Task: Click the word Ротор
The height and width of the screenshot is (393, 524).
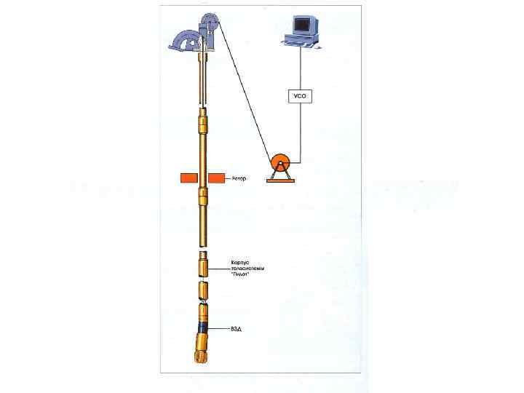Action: coord(240,178)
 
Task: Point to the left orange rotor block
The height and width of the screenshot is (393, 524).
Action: coord(189,178)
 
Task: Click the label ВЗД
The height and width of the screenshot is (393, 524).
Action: coord(237,329)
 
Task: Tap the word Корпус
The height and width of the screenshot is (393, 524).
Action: coord(241,261)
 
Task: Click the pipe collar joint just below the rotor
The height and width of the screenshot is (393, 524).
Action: coord(204,195)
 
